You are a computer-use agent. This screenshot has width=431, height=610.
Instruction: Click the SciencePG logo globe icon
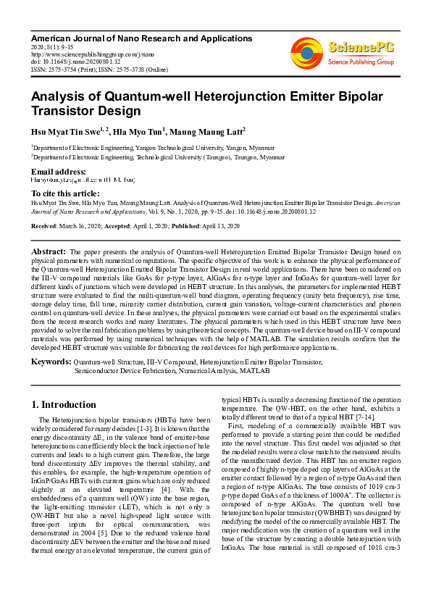pos(307,51)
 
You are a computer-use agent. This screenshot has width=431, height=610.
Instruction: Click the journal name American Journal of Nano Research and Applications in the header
pos(141,38)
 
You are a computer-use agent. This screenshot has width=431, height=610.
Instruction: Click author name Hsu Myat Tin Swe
pos(62,131)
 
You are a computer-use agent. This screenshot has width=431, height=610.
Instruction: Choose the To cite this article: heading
pos(66,193)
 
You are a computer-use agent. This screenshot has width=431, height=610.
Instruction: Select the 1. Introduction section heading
pos(64,404)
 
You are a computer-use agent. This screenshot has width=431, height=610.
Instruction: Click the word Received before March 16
pos(44,227)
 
